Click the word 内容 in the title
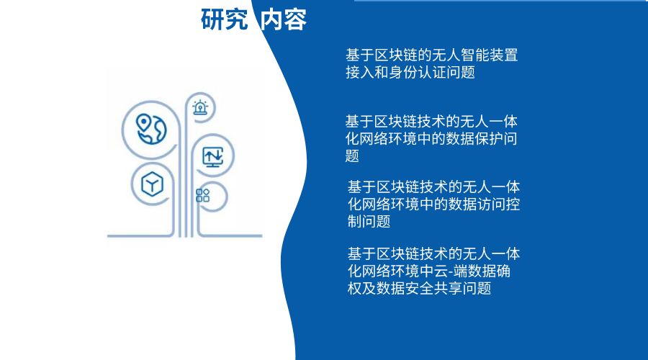(284, 20)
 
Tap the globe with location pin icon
(150, 128)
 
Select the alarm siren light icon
(199, 109)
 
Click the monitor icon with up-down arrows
(213, 156)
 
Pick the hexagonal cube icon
(152, 184)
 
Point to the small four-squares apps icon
(202, 195)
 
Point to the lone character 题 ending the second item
(352, 156)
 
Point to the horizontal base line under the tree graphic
(184, 236)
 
